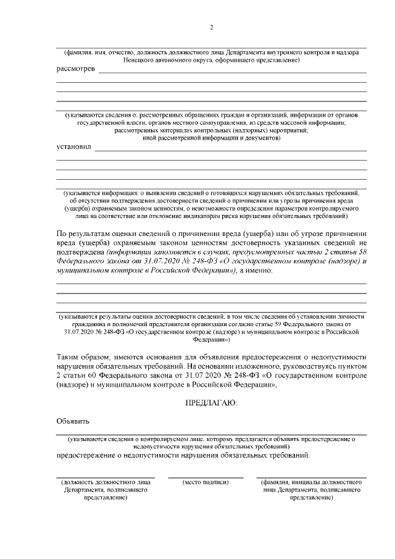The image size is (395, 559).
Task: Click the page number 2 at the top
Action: click(212, 28)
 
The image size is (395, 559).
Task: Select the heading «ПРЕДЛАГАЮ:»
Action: click(211, 402)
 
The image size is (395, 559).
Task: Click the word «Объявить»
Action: click(73, 422)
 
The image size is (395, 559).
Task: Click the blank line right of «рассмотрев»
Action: click(232, 72)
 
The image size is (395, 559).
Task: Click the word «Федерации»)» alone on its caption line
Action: click(211, 340)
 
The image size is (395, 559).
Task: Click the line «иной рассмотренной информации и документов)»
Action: click(211, 138)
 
